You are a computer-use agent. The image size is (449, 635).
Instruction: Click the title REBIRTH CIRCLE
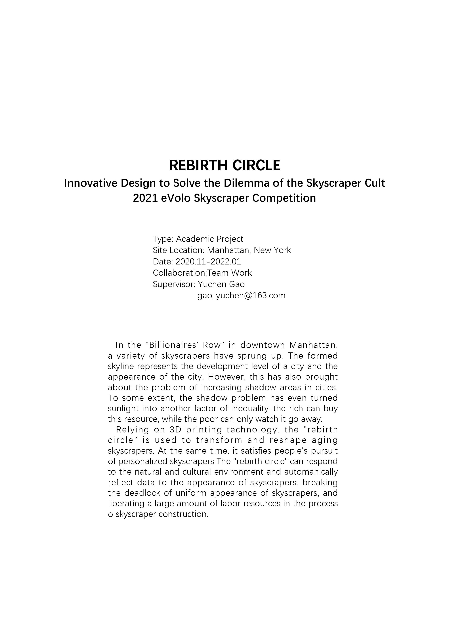point(224,165)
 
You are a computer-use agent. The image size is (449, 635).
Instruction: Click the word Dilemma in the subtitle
point(240,183)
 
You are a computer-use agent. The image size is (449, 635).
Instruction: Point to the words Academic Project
point(209,239)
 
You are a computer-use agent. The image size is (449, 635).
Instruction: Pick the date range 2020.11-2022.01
point(208,261)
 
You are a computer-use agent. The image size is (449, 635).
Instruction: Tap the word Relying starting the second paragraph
point(131,430)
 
